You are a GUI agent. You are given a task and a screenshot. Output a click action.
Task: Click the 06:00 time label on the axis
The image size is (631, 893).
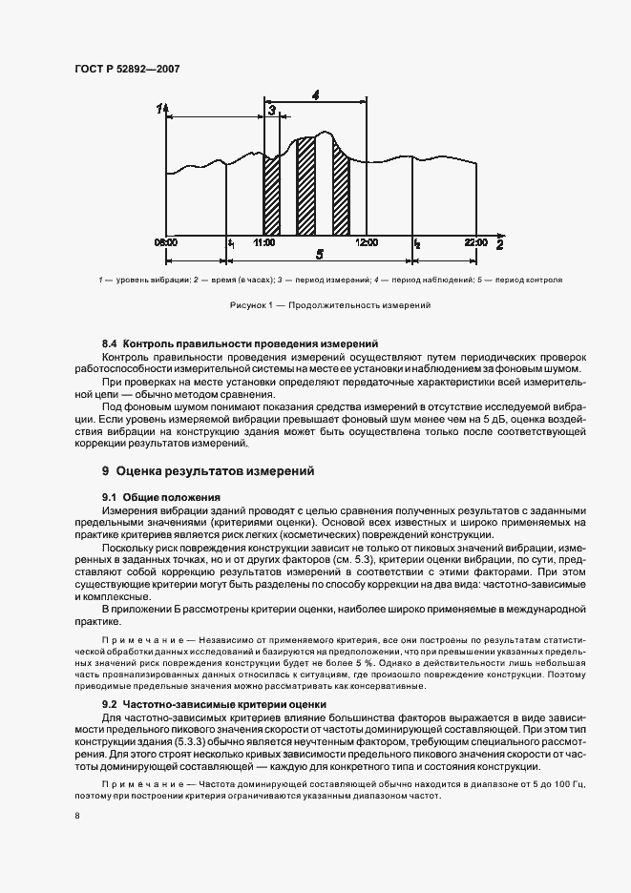(x=165, y=243)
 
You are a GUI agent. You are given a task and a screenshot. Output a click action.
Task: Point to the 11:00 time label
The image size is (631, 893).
(x=264, y=243)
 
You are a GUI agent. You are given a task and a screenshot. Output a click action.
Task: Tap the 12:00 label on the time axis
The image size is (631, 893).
(x=367, y=243)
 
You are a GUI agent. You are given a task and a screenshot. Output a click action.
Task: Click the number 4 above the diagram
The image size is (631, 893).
(x=315, y=93)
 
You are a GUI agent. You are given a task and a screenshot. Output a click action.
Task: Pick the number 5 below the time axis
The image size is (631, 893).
(x=319, y=255)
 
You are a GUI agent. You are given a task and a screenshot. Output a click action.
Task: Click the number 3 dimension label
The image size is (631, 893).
(x=272, y=112)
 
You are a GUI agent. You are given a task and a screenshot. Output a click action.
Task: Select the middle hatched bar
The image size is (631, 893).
(x=305, y=187)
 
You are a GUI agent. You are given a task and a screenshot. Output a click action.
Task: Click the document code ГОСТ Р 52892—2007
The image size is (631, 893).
(x=127, y=70)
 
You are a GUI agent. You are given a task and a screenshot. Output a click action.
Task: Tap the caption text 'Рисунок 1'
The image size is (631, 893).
(x=252, y=305)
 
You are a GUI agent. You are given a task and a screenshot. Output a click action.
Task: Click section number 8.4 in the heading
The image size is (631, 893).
(x=110, y=342)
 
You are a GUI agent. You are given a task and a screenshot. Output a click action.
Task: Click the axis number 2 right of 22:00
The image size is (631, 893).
(x=499, y=244)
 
